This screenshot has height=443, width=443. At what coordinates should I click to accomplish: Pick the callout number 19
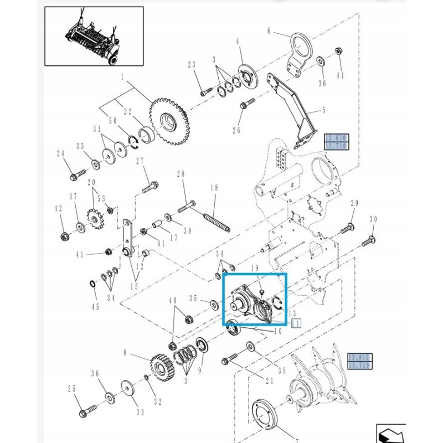click(x=255, y=268)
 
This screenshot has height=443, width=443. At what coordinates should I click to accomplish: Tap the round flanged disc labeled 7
click(x=266, y=416)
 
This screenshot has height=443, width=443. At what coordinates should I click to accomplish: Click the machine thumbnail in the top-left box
click(x=94, y=36)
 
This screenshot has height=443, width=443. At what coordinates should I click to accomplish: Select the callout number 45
click(x=96, y=308)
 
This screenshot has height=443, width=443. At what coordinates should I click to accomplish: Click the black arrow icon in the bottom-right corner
click(x=390, y=433)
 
